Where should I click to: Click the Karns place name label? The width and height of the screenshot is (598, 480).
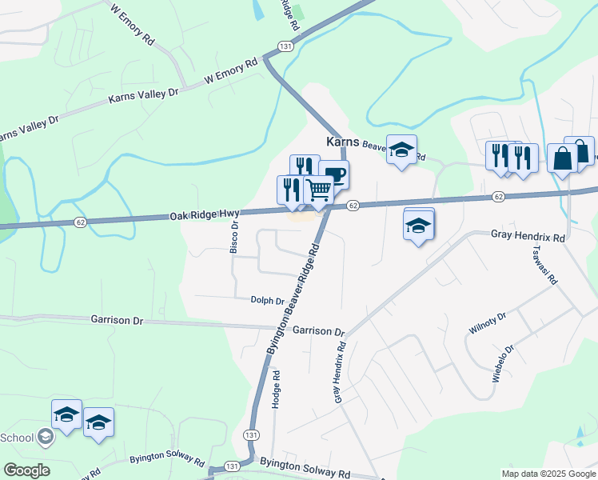coord(343,142)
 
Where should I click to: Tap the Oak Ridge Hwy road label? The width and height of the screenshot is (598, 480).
coord(204,215)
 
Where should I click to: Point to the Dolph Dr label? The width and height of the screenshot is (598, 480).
coord(267,301)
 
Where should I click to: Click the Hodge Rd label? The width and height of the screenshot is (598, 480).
coord(276,390)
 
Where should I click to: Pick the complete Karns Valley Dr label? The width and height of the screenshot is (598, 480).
coord(144,95)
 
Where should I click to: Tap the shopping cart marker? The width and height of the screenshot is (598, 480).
coord(318,191)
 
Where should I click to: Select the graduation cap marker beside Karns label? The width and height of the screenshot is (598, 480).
coord(401,150)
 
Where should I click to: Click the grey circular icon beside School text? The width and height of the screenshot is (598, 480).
coord(46,437)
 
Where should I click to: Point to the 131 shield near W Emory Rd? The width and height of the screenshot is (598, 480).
coord(285,47)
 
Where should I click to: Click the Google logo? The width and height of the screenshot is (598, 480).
coord(26,470)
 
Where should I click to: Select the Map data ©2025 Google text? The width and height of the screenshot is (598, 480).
coord(548,474)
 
